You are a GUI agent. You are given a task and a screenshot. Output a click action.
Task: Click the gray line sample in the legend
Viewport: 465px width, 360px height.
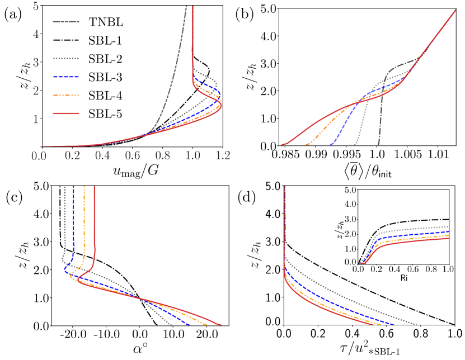point(66,22)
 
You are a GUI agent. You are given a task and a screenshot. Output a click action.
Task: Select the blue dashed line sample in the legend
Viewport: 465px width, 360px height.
point(66,77)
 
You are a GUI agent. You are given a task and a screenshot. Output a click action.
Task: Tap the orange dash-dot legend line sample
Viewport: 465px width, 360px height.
point(66,95)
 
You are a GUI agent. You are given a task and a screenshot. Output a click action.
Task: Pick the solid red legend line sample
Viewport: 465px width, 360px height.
point(66,113)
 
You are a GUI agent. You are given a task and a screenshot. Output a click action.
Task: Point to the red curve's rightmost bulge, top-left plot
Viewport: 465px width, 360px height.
point(222,105)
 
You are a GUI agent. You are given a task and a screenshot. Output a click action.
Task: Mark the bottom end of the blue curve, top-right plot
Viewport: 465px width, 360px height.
point(331,145)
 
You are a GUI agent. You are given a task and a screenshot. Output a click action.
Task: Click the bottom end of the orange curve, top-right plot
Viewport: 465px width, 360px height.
point(307,145)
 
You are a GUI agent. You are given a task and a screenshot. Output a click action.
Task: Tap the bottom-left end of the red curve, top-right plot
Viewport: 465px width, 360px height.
point(282,145)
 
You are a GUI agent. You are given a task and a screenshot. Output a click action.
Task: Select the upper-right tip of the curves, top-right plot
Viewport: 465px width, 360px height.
point(455,10)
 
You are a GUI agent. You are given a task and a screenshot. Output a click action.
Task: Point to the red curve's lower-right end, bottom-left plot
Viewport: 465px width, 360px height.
point(220,324)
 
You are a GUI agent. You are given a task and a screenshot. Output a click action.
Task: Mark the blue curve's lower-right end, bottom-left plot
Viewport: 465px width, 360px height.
point(189,324)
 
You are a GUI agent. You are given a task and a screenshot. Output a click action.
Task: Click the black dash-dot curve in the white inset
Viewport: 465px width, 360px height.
point(414,221)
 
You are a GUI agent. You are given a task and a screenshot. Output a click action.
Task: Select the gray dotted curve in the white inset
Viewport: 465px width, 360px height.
point(414,229)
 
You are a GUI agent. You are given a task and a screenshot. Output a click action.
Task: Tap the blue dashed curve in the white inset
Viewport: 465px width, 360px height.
point(414,235)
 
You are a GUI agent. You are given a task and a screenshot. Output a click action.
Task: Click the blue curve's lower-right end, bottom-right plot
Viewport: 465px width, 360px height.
point(393,324)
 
